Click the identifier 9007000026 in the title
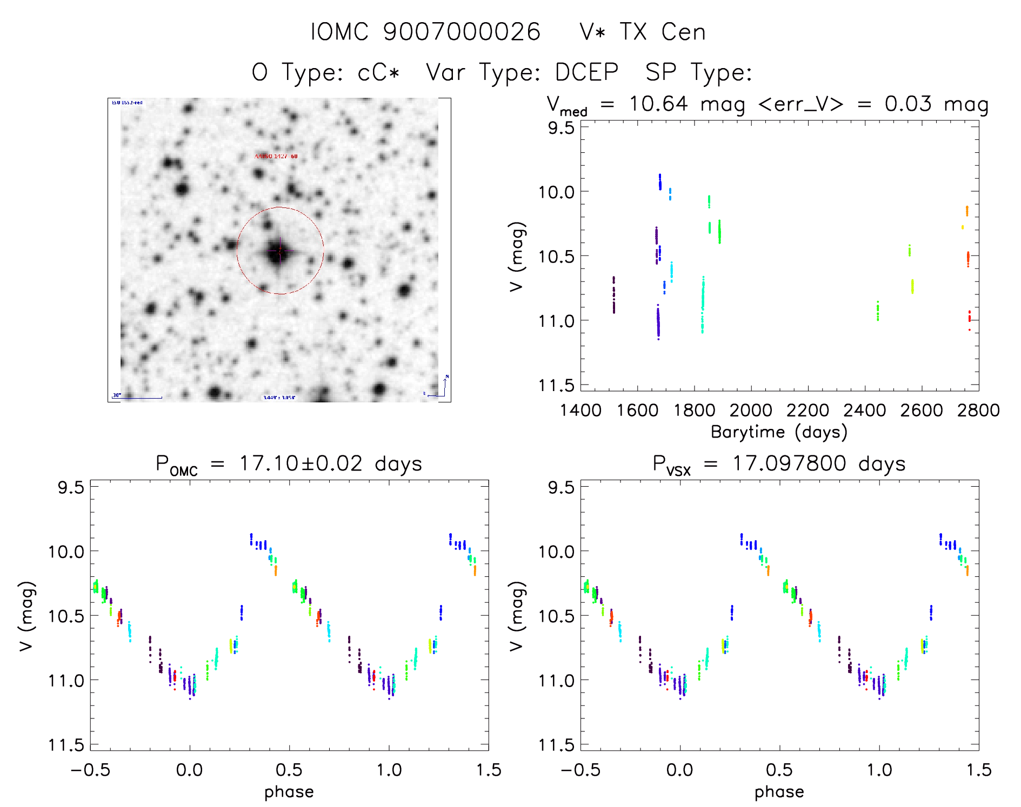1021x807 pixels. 462,32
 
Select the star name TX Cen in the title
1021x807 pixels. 662,32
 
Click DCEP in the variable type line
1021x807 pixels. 586,72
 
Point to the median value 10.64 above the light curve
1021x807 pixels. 658,104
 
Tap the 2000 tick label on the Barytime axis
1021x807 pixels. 751,411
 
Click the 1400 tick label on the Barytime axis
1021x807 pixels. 580,411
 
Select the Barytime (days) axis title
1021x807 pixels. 779,432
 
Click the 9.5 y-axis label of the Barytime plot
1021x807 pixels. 560,128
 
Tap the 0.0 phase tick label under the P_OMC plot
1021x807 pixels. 189,770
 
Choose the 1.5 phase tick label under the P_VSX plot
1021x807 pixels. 978,770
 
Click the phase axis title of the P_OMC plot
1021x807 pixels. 289,792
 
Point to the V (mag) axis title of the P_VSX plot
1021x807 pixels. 516,616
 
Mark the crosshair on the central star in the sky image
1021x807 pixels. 279,251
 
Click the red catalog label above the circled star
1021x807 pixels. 276,156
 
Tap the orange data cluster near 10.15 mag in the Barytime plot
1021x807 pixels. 967,211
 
